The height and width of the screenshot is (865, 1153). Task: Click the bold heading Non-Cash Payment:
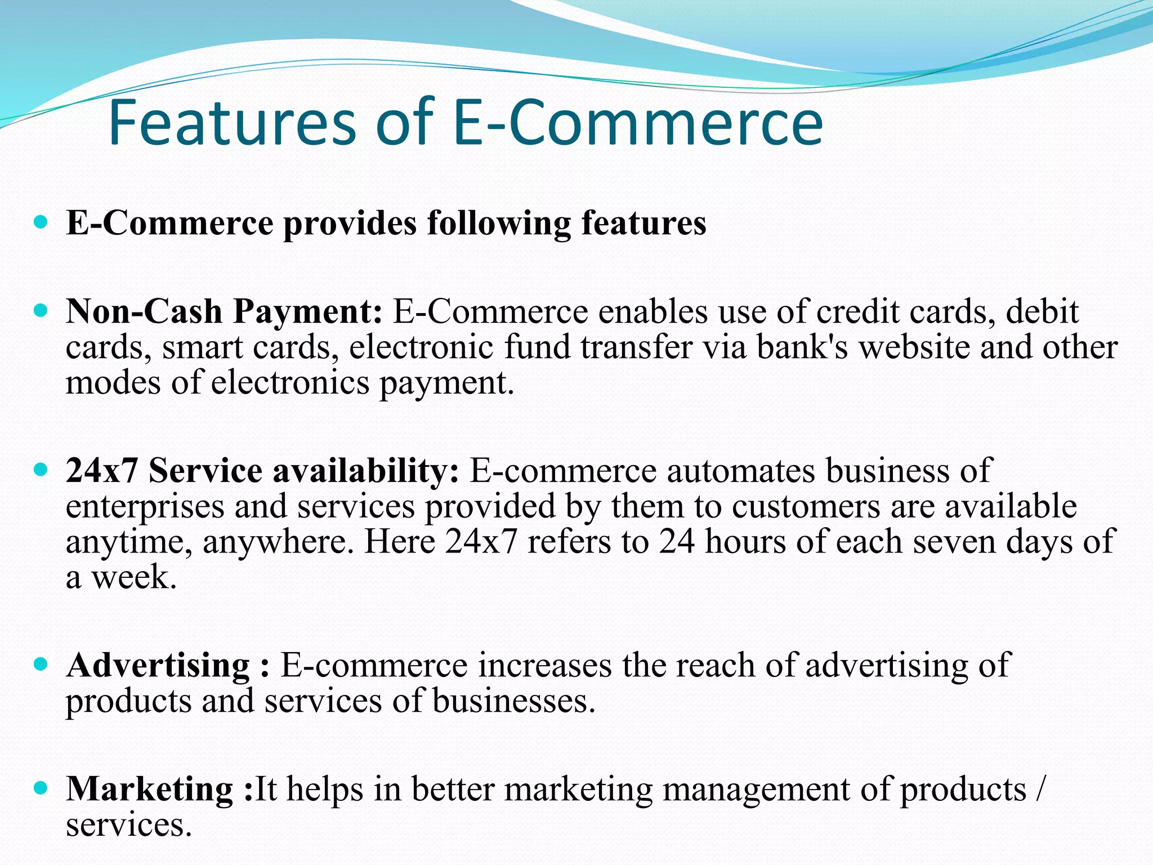pyautogui.click(x=224, y=311)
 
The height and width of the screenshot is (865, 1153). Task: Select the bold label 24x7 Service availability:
pyautogui.click(x=262, y=470)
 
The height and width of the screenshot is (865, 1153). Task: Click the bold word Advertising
pyautogui.click(x=158, y=666)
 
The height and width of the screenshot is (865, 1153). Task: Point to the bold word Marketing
pyautogui.click(x=150, y=788)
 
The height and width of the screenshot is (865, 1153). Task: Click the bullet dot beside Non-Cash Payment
pyautogui.click(x=41, y=310)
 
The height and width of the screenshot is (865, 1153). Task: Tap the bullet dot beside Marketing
pyautogui.click(x=41, y=787)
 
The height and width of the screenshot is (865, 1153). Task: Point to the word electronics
pyautogui.click(x=289, y=383)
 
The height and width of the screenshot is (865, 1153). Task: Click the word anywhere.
pyautogui.click(x=278, y=542)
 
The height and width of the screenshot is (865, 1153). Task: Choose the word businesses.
pyautogui.click(x=513, y=701)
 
